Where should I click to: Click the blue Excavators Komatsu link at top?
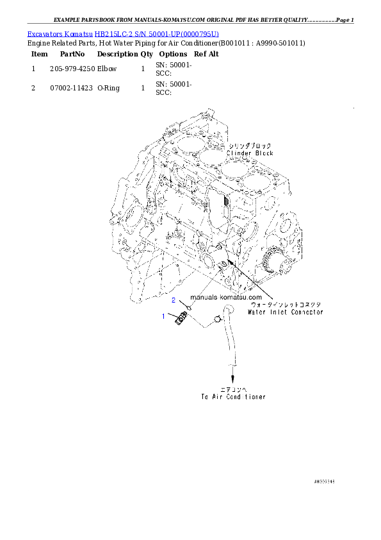123,33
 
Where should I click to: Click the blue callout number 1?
163,316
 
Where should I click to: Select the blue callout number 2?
173,300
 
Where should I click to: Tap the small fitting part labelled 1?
181,317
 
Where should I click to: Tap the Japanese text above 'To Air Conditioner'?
234,389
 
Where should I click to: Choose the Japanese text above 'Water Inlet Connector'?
284,305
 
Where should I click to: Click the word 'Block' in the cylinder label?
261,153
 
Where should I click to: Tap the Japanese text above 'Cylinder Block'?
251,146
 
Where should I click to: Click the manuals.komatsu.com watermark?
226,298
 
